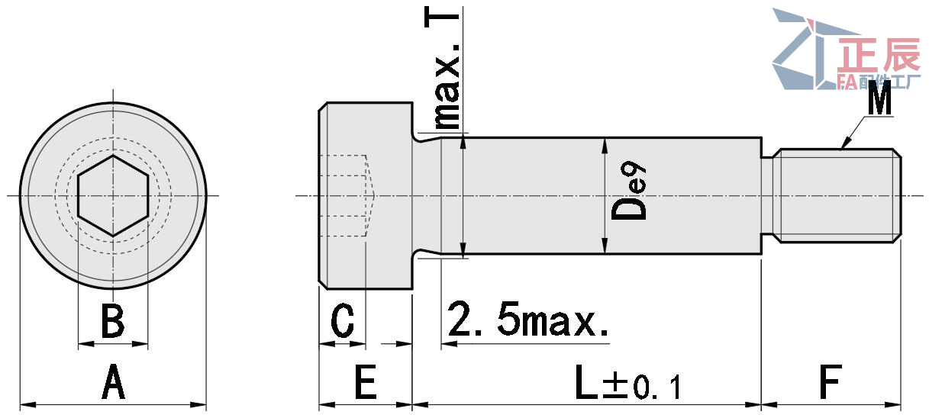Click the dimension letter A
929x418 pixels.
113,383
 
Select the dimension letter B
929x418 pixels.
113,321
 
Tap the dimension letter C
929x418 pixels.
343,321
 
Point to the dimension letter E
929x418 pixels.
366,383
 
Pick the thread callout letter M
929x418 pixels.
879,101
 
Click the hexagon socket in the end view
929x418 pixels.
113,195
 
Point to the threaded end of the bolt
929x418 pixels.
838,196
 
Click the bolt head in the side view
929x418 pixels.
365,196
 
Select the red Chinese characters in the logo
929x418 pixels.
879,56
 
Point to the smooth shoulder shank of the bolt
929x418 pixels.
534,196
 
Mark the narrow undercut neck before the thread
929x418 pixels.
769,196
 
